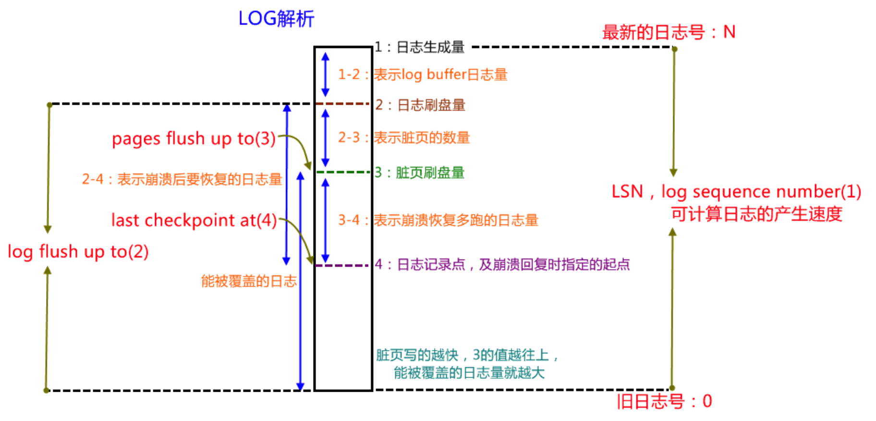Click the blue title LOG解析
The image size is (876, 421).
[276, 19]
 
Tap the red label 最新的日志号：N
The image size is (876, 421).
[669, 32]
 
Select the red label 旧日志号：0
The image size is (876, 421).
[664, 401]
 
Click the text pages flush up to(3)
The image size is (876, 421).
[194, 139]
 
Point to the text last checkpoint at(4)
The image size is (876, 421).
[194, 221]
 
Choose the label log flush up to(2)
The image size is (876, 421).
[78, 252]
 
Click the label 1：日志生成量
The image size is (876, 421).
[419, 47]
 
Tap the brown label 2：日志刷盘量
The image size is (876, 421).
[420, 105]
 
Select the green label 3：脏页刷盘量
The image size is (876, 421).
[419, 173]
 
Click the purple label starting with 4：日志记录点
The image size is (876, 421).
[502, 264]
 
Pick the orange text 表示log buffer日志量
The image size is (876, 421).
[440, 74]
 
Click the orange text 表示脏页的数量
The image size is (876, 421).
[422, 138]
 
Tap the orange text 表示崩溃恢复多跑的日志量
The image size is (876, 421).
[456, 221]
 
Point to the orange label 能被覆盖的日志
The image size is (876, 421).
[249, 281]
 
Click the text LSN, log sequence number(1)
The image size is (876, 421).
[736, 192]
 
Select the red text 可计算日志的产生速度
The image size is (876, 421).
[756, 214]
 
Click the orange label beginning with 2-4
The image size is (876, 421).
[182, 179]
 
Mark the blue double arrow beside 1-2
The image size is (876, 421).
[326, 74]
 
